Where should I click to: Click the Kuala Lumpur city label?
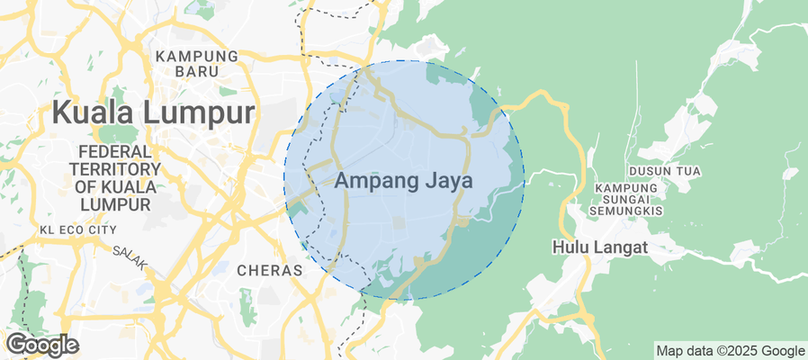(153, 113)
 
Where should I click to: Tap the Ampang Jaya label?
(404, 181)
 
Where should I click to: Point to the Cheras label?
(266, 270)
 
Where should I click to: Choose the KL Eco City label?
(78, 230)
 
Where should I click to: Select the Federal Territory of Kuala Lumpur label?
(115, 178)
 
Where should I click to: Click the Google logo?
(41, 345)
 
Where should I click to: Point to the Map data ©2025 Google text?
(730, 351)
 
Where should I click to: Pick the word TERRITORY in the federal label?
(115, 170)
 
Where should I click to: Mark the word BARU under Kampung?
(197, 71)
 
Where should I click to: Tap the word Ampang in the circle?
(375, 182)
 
